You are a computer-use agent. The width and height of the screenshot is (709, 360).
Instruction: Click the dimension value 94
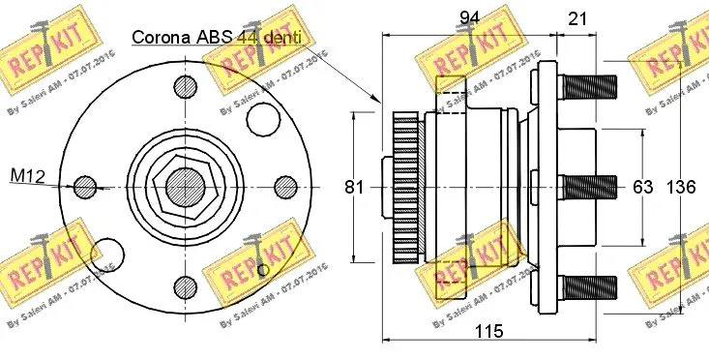(470, 17)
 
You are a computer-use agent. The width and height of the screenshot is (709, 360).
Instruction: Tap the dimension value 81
(354, 187)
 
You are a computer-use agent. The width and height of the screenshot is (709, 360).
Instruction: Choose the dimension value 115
(489, 331)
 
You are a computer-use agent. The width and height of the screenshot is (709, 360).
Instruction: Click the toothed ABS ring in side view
(406, 187)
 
